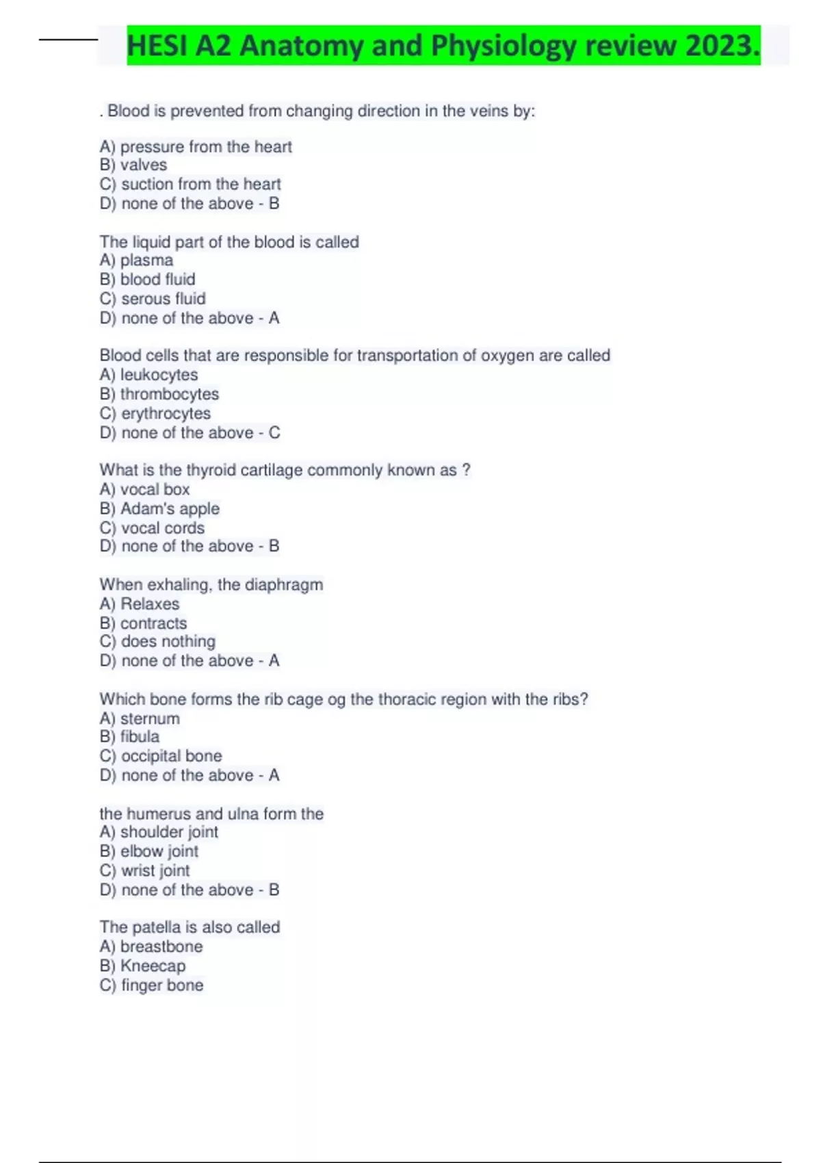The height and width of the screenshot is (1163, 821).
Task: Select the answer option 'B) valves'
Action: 133,165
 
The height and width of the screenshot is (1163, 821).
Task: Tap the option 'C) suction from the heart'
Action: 190,184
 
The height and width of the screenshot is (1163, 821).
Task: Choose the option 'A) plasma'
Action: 136,260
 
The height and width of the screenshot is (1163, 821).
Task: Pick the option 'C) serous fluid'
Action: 153,298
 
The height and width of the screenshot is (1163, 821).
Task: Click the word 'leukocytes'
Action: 159,375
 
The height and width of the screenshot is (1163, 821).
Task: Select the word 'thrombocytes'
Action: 170,394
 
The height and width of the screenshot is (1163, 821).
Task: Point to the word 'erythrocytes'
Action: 166,413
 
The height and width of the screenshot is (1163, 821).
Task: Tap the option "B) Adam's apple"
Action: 159,508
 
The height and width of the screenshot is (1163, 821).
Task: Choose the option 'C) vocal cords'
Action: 152,527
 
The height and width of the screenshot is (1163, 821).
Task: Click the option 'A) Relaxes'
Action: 140,604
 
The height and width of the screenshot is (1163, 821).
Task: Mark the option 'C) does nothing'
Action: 157,642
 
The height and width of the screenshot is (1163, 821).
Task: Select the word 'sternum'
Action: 150,718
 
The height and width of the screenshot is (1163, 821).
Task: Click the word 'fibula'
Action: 140,737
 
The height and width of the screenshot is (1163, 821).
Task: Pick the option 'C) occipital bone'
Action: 161,756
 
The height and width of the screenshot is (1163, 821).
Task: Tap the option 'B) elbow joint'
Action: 149,851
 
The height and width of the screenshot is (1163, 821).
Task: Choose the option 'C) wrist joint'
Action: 144,870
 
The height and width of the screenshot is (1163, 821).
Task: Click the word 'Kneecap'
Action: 153,965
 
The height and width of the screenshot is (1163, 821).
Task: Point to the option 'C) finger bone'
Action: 151,985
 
